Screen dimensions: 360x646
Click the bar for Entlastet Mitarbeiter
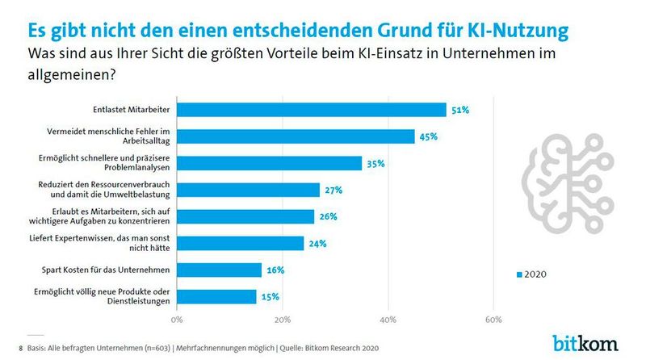[311, 110]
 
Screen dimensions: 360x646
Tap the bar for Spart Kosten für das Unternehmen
[219, 270]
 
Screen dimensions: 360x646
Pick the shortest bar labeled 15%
[216, 296]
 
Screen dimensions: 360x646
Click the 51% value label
[461, 110]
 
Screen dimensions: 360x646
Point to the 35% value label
[376, 163]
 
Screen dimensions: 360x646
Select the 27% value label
[334, 190]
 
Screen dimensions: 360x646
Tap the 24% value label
[318, 243]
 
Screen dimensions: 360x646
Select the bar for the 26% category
[245, 216]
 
